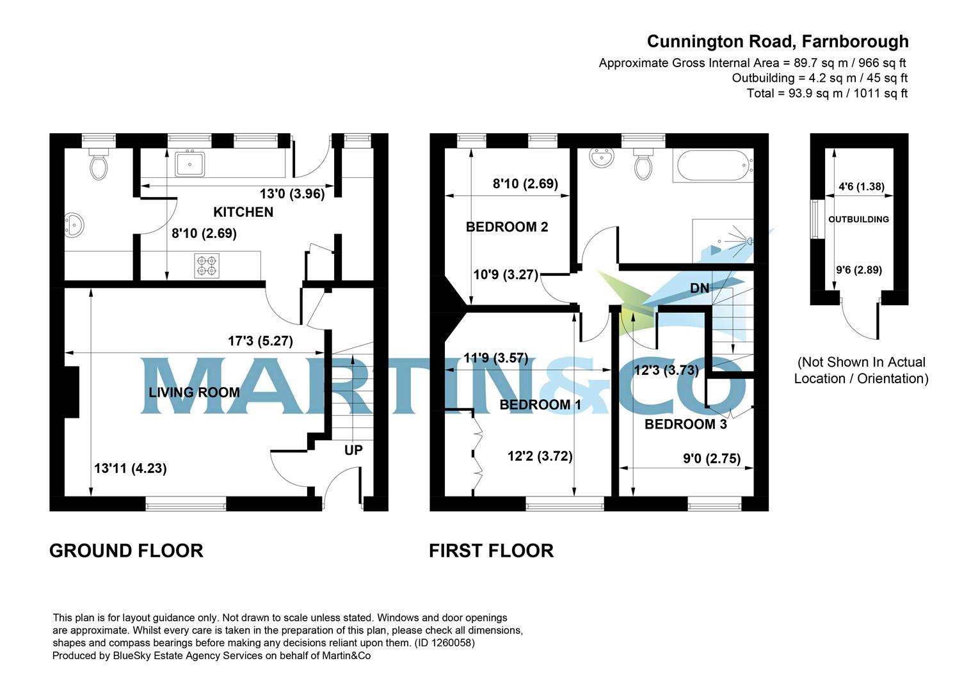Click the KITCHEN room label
click(243, 212)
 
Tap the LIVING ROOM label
click(194, 392)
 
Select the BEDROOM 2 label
click(506, 227)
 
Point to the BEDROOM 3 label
click(685, 424)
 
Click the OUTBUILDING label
click(858, 219)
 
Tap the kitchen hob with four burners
click(207, 266)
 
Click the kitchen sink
click(189, 163)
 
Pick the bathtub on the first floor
click(712, 165)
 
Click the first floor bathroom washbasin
click(601, 157)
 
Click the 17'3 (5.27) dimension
click(261, 341)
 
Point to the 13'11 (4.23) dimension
click(131, 468)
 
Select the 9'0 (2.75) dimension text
click(712, 458)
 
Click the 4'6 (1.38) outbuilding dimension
click(861, 187)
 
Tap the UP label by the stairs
click(353, 450)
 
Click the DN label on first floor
click(700, 289)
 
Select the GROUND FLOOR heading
click(126, 551)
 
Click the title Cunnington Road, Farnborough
click(777, 42)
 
